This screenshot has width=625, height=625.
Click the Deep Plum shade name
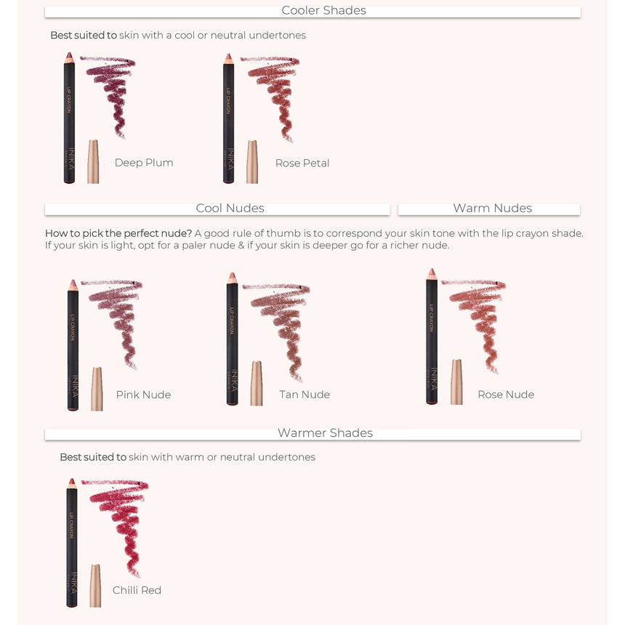coord(144,163)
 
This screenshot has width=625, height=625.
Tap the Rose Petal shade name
coord(302,163)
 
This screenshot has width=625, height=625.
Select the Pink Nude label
coord(143,395)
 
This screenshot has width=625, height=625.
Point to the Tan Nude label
coord(305,394)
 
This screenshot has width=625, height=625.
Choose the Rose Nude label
coord(506,394)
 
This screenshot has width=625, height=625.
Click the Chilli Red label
coord(137,590)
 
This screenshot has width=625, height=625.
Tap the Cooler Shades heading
coord(323,10)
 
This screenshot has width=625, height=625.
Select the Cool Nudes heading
coord(230,208)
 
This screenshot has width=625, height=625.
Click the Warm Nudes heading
coord(492,208)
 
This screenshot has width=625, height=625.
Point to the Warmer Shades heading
coord(326,433)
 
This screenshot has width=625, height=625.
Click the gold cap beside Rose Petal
coord(252,162)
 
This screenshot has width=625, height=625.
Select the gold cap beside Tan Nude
coord(257,384)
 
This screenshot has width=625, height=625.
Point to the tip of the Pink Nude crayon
coord(73,282)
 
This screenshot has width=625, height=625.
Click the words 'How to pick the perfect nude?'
coord(118,233)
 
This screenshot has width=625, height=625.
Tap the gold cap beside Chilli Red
coord(95,586)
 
